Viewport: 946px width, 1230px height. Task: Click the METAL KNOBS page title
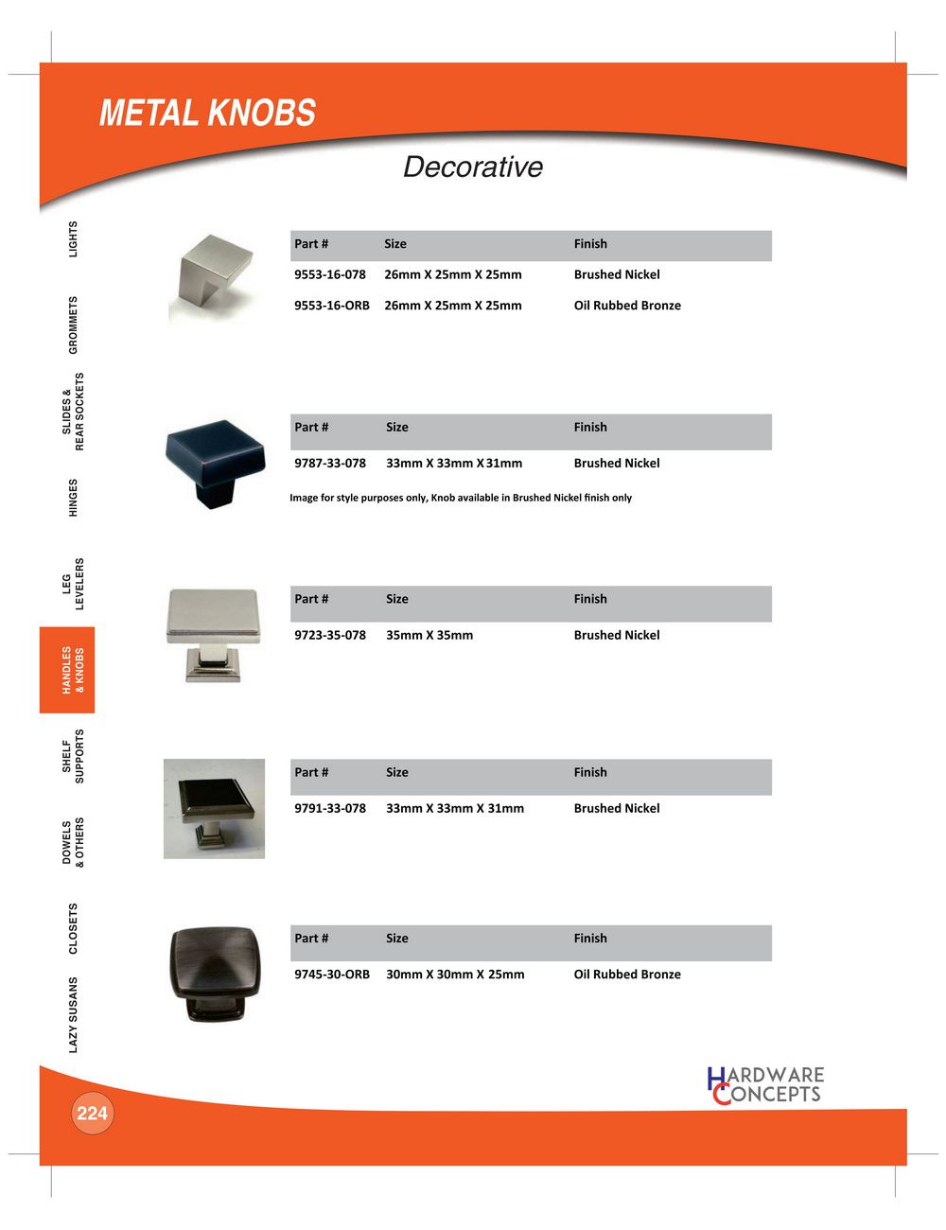click(x=207, y=114)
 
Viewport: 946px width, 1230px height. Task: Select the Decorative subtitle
click(x=473, y=167)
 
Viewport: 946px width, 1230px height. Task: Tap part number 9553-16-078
click(x=329, y=275)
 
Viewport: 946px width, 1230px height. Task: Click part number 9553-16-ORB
click(x=331, y=306)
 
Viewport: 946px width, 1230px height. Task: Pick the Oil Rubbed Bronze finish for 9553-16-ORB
click(x=627, y=306)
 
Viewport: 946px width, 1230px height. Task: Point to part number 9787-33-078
click(x=329, y=464)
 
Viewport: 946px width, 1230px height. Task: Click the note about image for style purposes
click(x=461, y=498)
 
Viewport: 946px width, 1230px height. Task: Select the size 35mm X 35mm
click(x=429, y=636)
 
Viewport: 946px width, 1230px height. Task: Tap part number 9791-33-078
click(x=329, y=809)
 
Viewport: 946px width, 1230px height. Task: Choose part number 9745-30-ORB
click(x=331, y=975)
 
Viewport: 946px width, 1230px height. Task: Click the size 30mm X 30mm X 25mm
click(x=455, y=975)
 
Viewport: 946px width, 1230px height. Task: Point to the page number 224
click(x=92, y=1114)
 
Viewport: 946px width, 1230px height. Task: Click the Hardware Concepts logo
click(x=765, y=1085)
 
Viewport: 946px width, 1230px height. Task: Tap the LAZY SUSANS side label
click(x=74, y=1014)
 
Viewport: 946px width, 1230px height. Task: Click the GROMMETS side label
click(x=74, y=325)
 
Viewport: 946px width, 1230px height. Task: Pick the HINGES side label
click(x=74, y=498)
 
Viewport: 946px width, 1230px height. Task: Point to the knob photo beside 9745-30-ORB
click(x=214, y=973)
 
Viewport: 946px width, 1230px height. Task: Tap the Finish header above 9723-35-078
click(x=590, y=599)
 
